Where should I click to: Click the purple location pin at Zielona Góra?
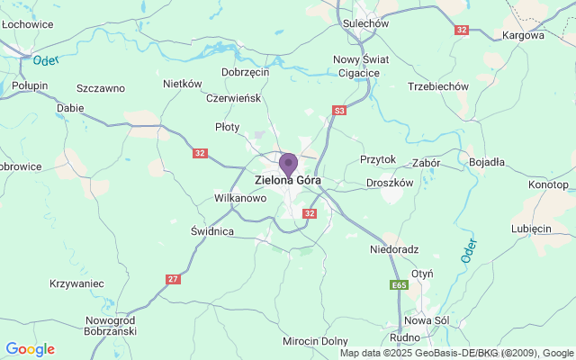pos(288,165)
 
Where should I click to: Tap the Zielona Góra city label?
pos(288,179)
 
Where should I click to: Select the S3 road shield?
pos(338,111)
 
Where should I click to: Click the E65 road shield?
pos(400,285)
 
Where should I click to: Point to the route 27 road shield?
pos(173,279)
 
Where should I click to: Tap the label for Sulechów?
pos(364,24)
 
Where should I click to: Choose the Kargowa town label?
pos(526,36)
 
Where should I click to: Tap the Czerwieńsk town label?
pos(234,98)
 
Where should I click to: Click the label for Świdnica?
pos(212,231)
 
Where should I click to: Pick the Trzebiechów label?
pos(438,86)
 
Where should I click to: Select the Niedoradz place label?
pos(395,249)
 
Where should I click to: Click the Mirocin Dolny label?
pos(315,341)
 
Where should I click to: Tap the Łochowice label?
pos(26,24)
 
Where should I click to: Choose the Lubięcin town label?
pos(531,229)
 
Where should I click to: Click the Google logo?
pos(30,349)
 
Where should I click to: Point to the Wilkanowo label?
pos(240,197)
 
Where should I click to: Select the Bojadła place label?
pos(487,162)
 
